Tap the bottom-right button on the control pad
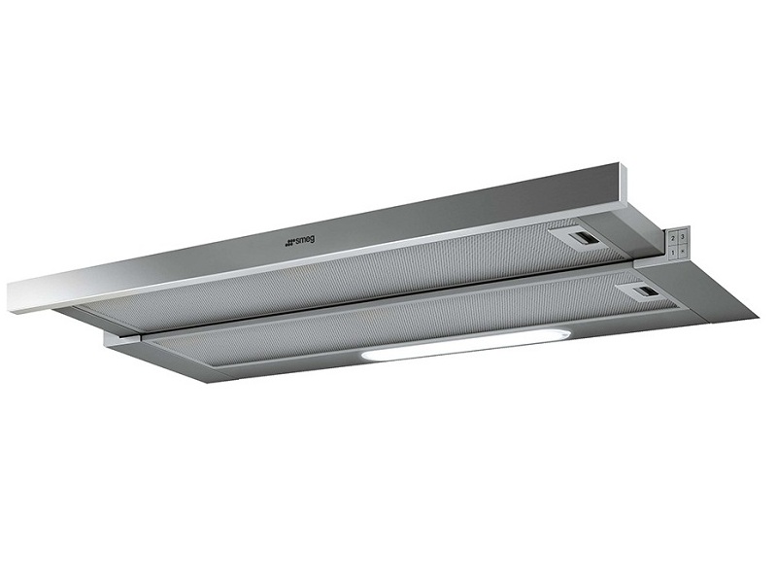(683, 250)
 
